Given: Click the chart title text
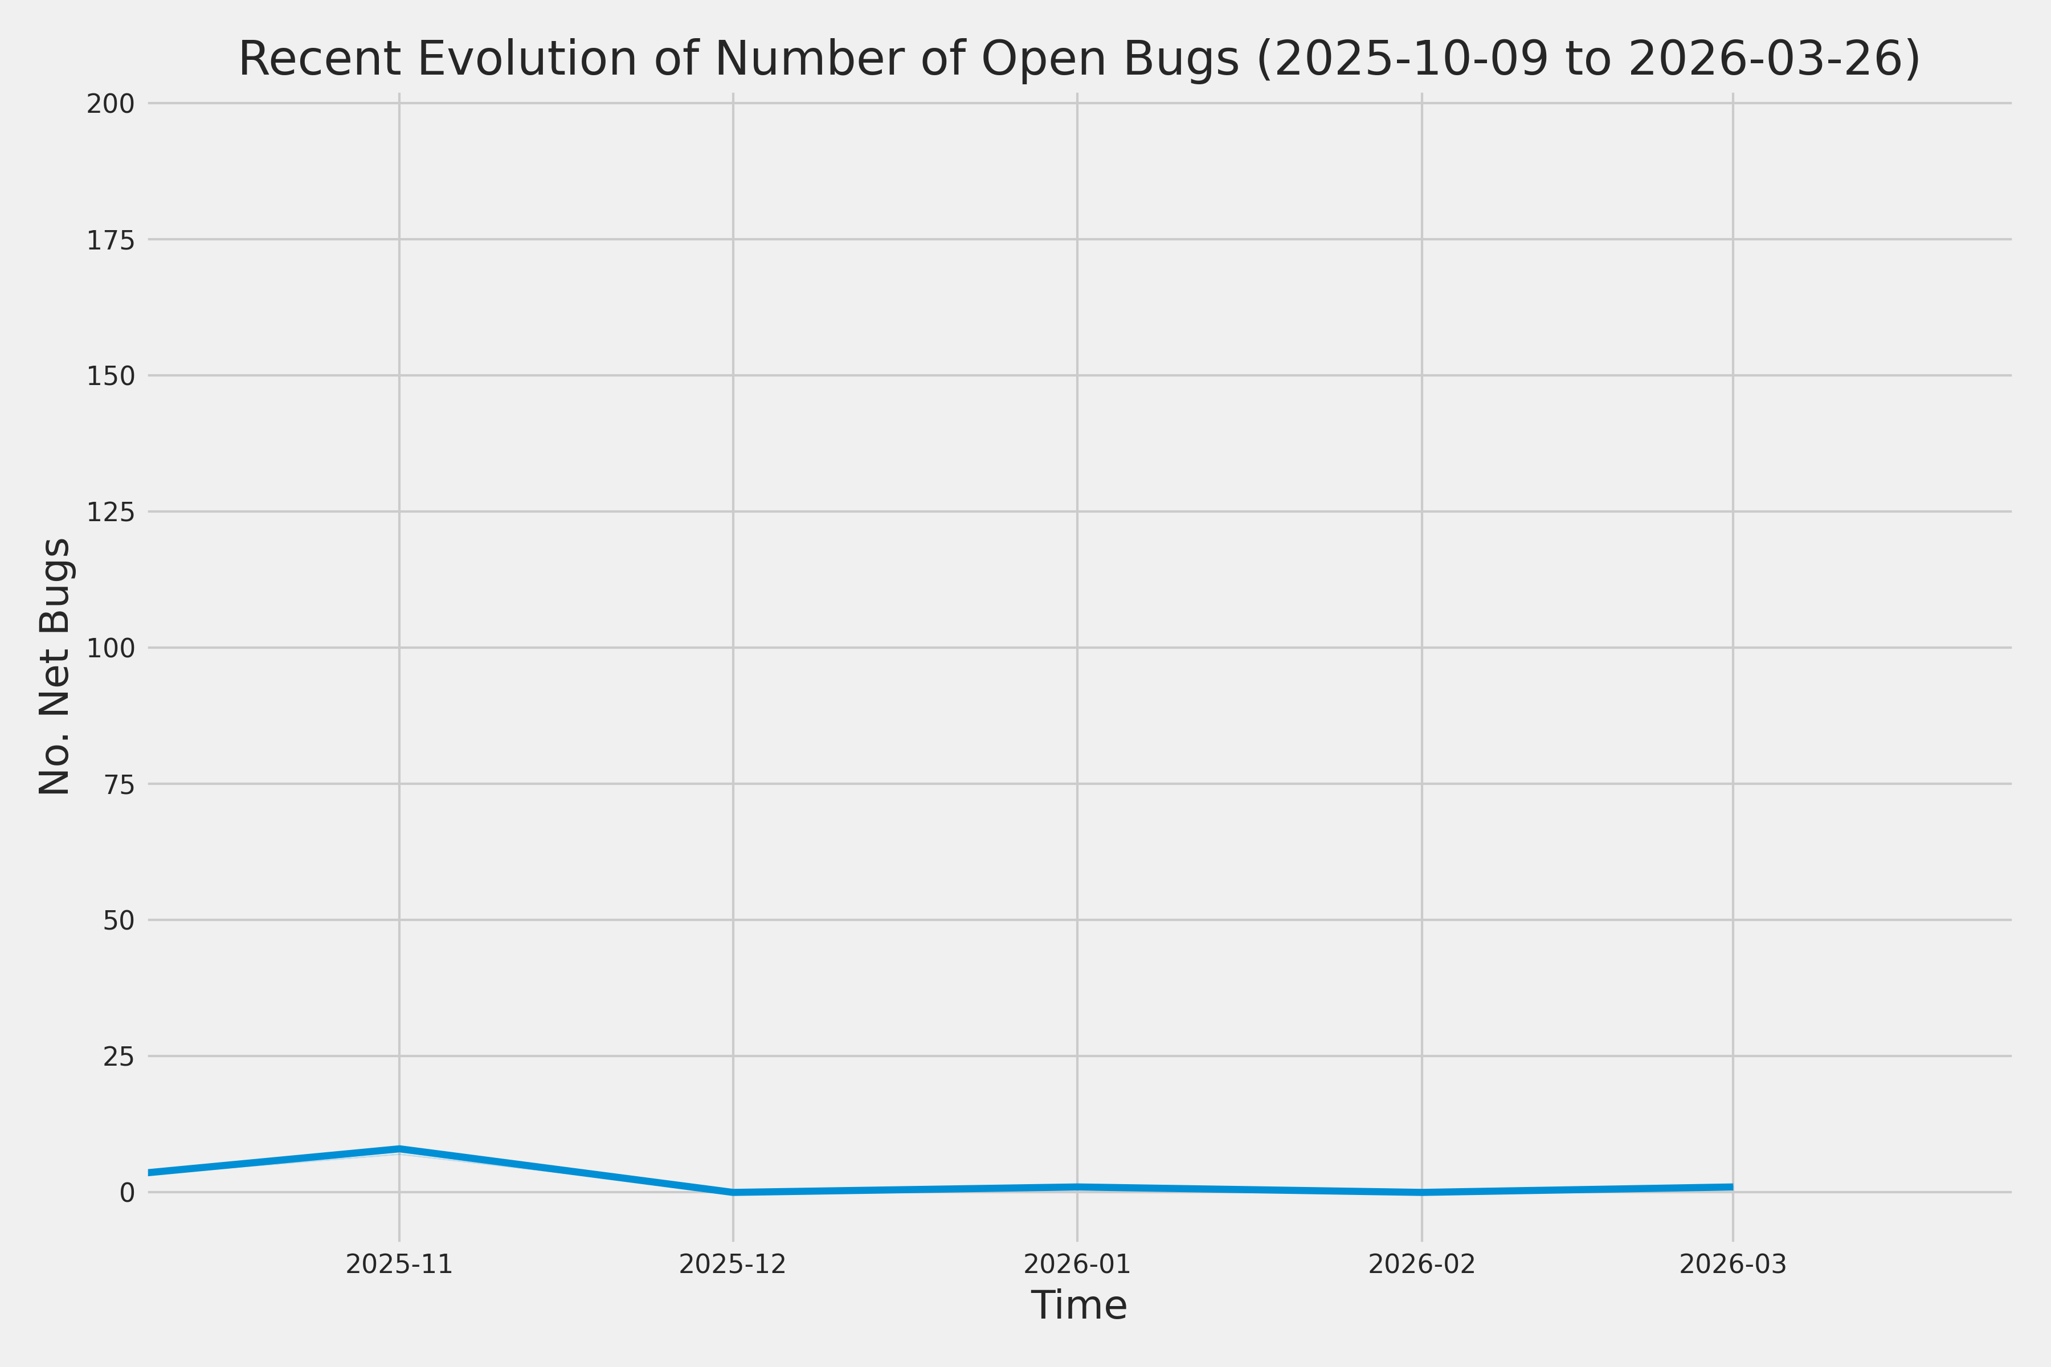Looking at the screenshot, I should tap(1078, 59).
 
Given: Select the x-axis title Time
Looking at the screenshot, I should tap(1078, 1305).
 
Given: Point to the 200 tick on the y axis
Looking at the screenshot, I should tap(111, 104).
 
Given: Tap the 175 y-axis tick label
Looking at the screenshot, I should tap(111, 240).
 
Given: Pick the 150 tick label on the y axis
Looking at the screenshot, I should tap(111, 376).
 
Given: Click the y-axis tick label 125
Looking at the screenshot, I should tap(111, 511).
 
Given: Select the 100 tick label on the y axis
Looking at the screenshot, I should tap(111, 648).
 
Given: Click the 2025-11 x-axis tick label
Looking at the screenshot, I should tap(399, 1264).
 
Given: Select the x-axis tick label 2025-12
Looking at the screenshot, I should tap(733, 1264).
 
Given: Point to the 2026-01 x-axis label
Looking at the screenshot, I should tap(1077, 1264).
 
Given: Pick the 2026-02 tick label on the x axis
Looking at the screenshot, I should tap(1421, 1264).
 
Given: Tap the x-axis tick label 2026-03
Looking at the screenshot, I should tap(1733, 1264).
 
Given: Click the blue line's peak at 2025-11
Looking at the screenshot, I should tap(399, 1148).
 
